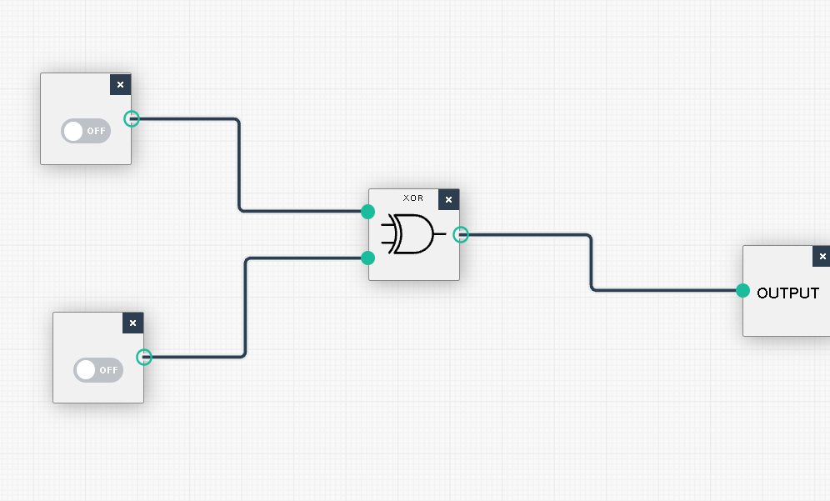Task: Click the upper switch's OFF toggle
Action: coord(86,131)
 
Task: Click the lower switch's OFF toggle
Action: coord(98,370)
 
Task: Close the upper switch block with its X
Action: coord(120,84)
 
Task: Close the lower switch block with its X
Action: coord(132,323)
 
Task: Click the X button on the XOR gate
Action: coord(448,199)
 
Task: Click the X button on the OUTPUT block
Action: coord(822,256)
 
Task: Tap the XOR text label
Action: coord(413,198)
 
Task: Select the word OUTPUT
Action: coord(787,293)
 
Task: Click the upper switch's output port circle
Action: coord(132,118)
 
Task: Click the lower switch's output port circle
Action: coord(144,357)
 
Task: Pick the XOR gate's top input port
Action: coord(367,211)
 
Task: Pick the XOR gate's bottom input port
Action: coord(367,258)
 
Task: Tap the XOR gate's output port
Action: coord(460,234)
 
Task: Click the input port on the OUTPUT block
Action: coord(742,290)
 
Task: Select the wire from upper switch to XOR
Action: coord(239,167)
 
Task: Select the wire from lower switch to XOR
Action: coord(245,308)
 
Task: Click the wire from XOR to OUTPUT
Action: coord(591,263)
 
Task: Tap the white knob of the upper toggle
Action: coord(73,131)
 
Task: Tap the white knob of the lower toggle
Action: coord(86,370)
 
